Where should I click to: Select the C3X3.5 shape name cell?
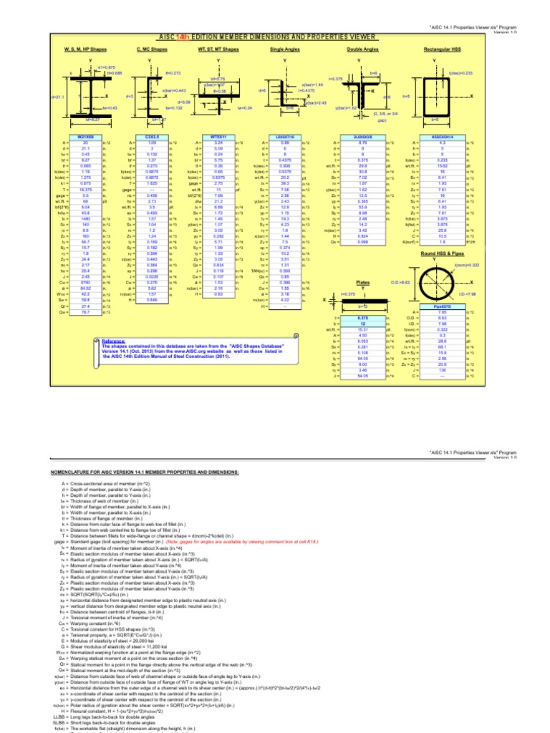(152, 135)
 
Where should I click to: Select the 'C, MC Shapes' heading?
(151, 49)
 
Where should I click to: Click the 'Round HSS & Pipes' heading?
(433, 256)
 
